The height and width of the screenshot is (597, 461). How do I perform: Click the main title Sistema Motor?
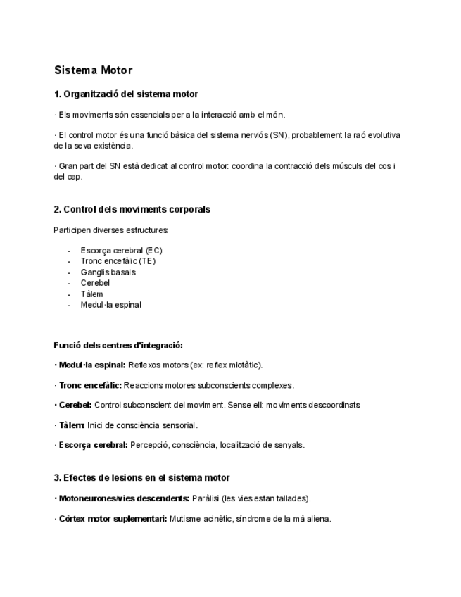tap(93, 70)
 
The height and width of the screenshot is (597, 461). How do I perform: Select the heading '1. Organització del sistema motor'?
tap(126, 94)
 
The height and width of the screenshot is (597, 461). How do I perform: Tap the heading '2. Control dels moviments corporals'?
tap(132, 209)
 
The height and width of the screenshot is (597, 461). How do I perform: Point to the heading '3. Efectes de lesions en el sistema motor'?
tap(141, 477)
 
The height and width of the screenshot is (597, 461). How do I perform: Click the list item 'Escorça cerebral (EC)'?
tap(121, 250)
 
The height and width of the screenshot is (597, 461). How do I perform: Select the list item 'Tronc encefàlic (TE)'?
tap(118, 261)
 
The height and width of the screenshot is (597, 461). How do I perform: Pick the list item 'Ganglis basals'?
tap(108, 272)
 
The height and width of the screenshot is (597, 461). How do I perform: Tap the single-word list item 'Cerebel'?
tap(95, 283)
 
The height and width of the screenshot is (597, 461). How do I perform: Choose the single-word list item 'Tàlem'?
tap(91, 294)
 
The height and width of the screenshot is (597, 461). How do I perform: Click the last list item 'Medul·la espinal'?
tap(110, 305)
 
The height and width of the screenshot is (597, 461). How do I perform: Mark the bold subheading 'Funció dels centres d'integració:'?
tap(118, 346)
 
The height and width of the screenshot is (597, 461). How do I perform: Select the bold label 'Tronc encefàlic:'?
tap(90, 385)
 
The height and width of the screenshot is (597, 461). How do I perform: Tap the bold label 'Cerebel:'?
tap(75, 405)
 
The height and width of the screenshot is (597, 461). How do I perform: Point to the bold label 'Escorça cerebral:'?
tap(93, 445)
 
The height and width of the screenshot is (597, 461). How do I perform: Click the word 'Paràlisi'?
tap(205, 498)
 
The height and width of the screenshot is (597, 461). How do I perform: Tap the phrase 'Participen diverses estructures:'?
tap(111, 230)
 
